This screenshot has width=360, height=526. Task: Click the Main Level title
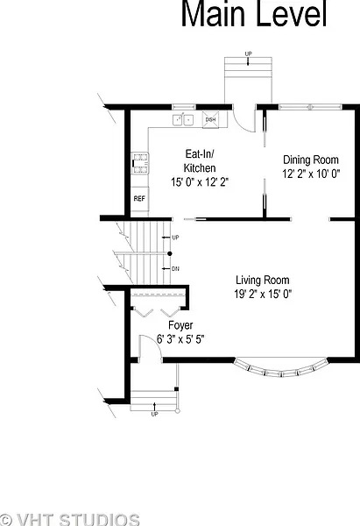click(x=254, y=13)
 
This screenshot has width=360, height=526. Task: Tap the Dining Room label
click(x=311, y=160)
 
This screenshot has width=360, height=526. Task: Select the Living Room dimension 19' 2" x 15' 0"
click(x=263, y=295)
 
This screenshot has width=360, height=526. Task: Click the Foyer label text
click(x=180, y=325)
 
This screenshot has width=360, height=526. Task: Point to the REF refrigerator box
click(x=139, y=199)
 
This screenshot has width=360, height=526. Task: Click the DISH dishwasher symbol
click(x=210, y=120)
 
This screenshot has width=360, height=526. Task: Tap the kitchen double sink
click(x=183, y=120)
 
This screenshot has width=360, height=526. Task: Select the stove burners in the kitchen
click(x=140, y=163)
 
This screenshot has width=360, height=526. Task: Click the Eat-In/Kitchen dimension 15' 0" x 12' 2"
click(x=200, y=182)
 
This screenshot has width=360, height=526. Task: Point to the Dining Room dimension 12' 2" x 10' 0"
click(x=311, y=174)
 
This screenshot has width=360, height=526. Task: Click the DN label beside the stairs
click(x=175, y=269)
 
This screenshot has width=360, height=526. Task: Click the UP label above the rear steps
click(x=248, y=53)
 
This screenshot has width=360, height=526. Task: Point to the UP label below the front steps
click(x=154, y=415)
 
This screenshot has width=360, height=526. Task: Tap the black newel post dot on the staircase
click(x=170, y=253)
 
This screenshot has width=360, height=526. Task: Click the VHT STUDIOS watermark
click(x=70, y=519)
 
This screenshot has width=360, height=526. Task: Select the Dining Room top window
click(x=310, y=107)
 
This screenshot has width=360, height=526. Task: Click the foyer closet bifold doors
click(x=157, y=312)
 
